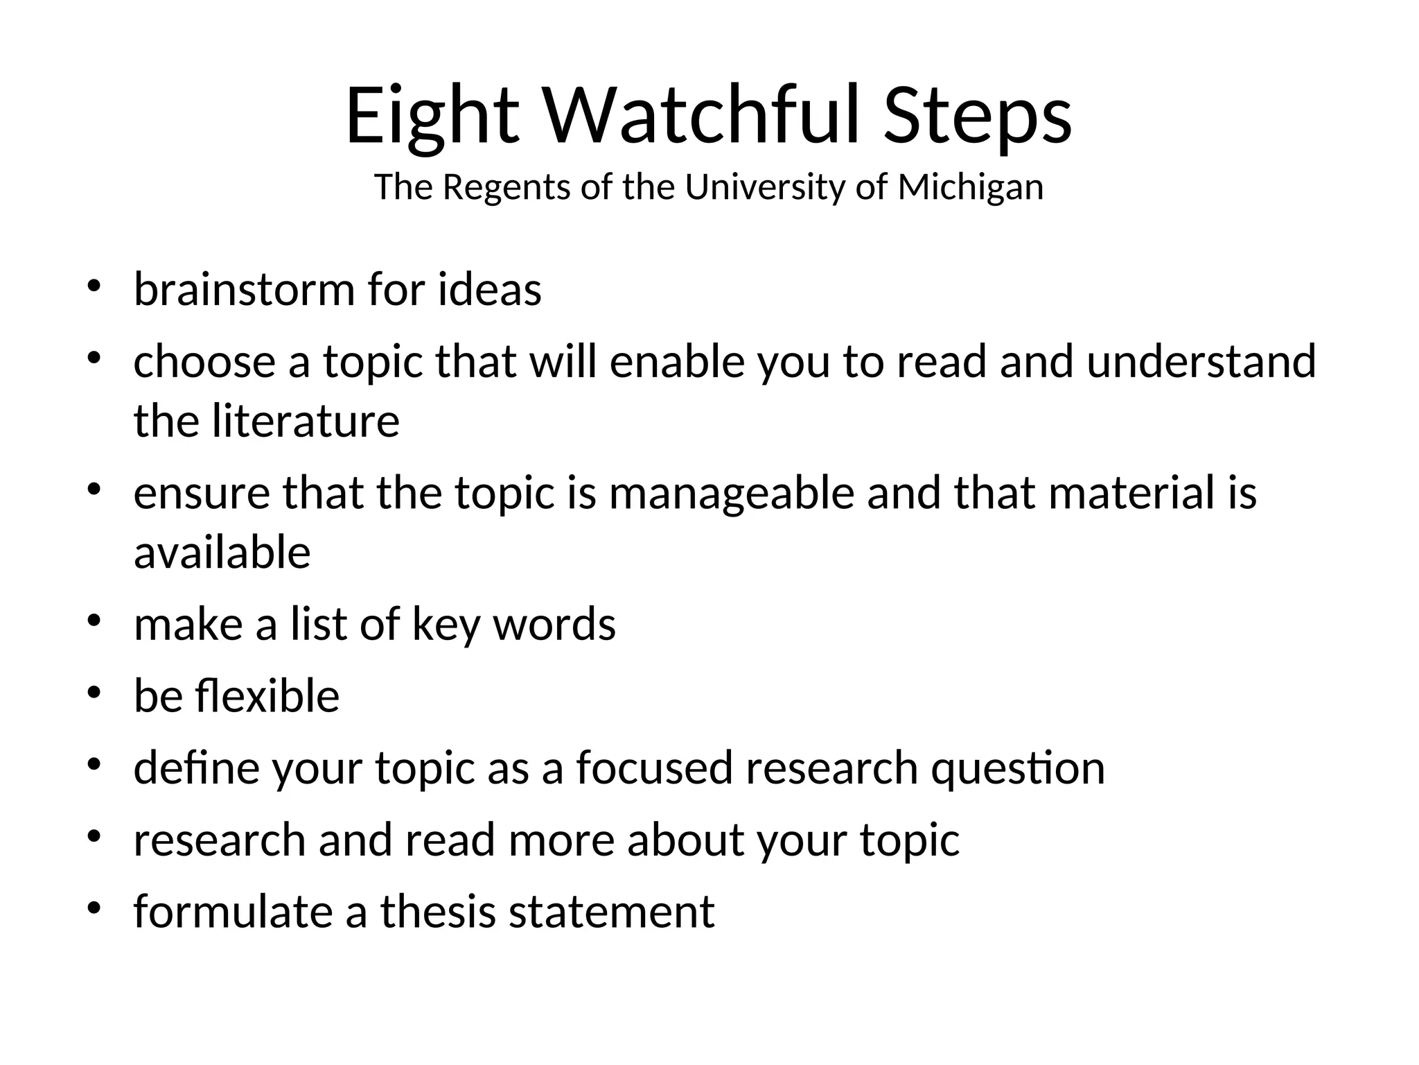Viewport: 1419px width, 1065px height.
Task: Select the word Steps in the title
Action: pos(978,116)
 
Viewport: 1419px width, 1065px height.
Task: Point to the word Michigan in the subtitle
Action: pos(970,187)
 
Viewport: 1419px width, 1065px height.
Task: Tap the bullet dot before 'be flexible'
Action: pos(95,693)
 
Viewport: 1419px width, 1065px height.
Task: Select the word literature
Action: pos(306,421)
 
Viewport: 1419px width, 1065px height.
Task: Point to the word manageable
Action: pos(732,493)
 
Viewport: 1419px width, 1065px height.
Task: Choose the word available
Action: pos(222,553)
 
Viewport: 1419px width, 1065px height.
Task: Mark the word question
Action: pos(1018,768)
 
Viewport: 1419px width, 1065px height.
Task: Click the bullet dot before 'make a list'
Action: pos(95,621)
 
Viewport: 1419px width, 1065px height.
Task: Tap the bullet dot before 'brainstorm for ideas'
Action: pos(95,286)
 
